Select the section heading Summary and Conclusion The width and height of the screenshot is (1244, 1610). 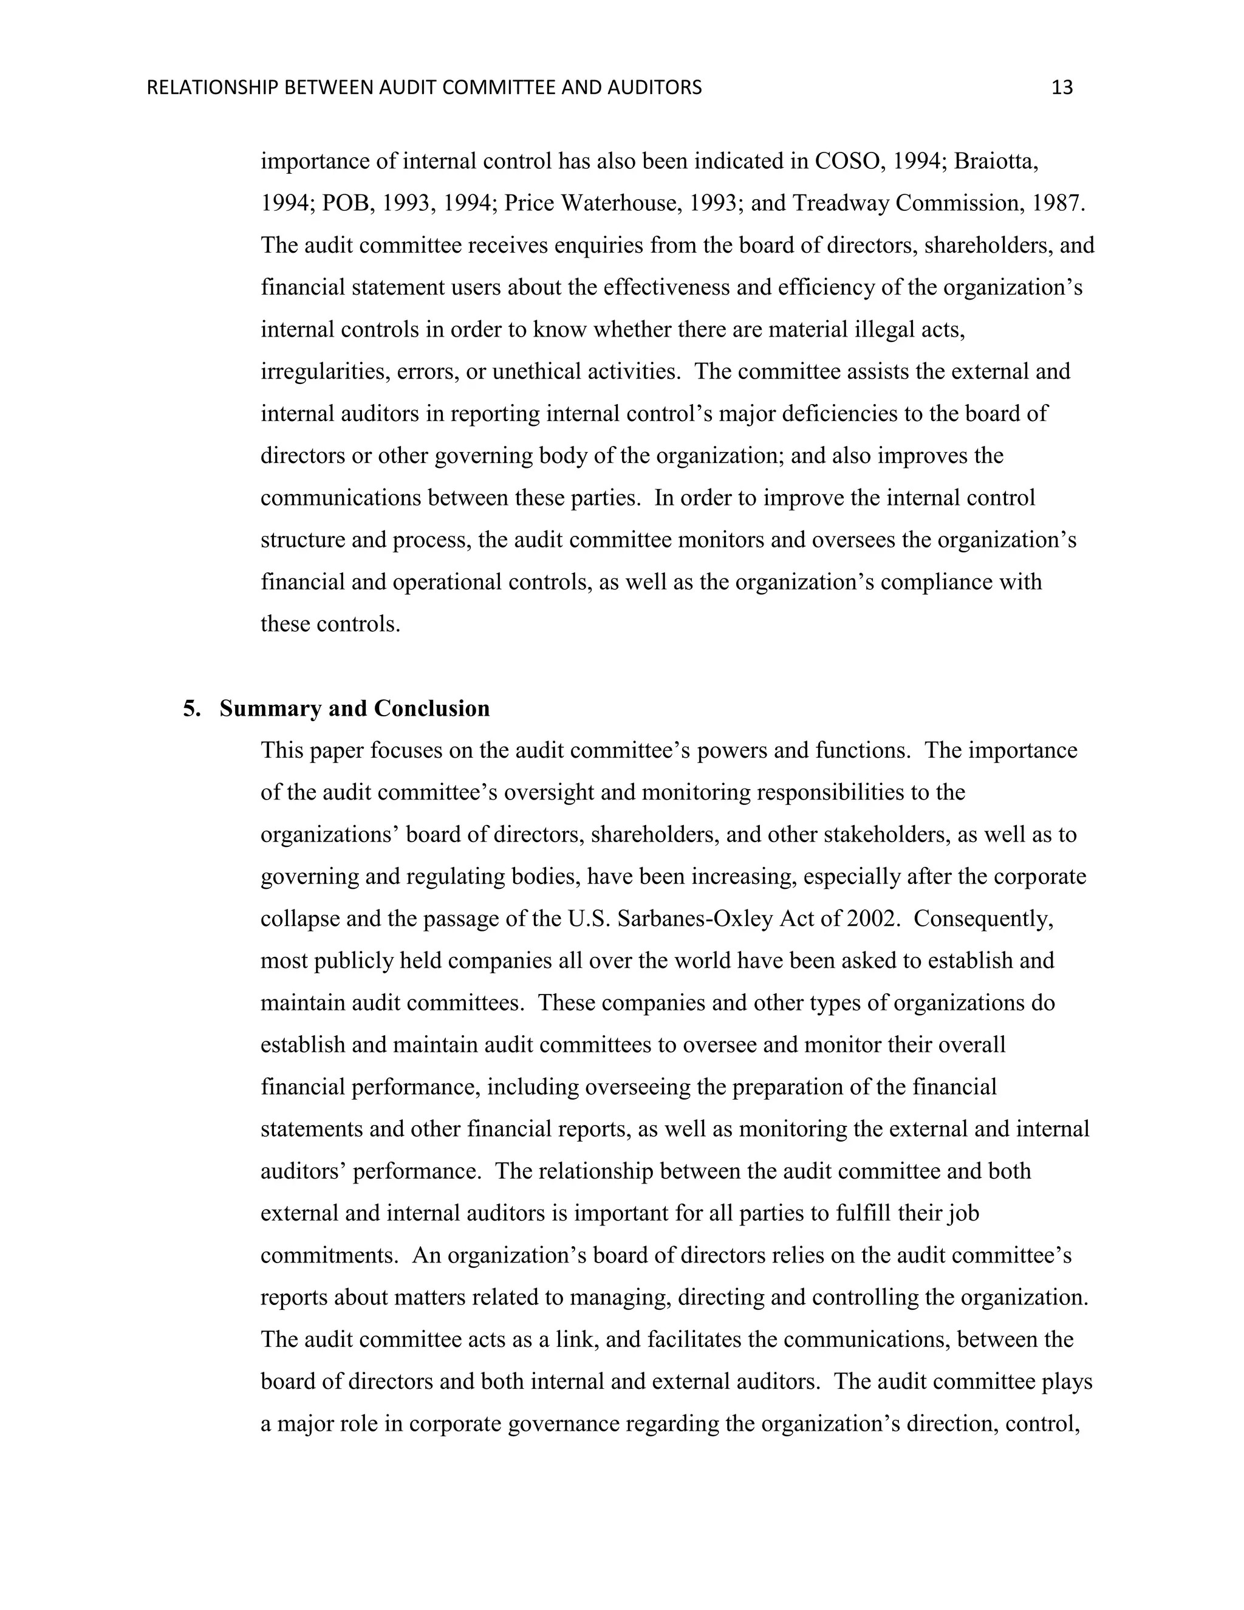point(355,708)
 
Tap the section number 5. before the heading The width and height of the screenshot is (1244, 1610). point(191,708)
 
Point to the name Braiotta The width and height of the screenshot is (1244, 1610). point(996,162)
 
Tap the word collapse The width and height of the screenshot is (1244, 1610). point(293,919)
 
